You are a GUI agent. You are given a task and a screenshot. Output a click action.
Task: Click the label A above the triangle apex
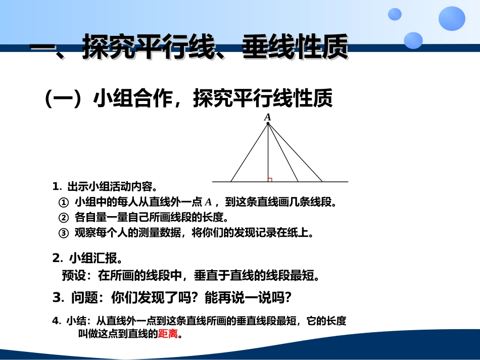(268, 117)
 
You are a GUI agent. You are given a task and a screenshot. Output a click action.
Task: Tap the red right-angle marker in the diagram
(270, 179)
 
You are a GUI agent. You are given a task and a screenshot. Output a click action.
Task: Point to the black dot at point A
(268, 123)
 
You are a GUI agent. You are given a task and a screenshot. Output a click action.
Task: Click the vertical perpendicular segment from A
(268, 154)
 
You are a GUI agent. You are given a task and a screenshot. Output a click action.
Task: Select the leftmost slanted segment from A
(249, 152)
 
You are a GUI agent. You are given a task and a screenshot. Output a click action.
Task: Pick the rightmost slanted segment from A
(296, 152)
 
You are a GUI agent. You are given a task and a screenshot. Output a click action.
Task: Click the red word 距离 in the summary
(168, 334)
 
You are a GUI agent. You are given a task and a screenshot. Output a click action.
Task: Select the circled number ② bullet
(63, 218)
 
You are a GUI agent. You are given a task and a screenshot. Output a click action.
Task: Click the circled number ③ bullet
(63, 233)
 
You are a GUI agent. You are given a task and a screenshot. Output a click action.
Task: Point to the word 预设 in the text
(72, 276)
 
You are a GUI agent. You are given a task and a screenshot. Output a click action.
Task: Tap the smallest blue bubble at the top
(395, 14)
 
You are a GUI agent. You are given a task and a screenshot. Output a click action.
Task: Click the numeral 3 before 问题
(56, 298)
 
